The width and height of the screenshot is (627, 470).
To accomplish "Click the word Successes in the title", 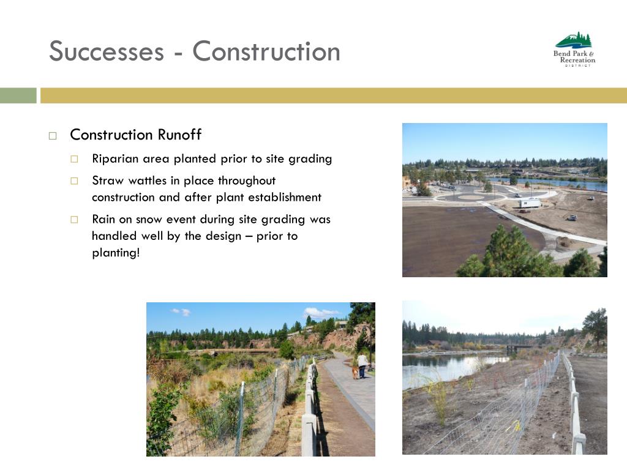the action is [x=107, y=51].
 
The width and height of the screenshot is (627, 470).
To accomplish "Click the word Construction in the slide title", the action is [x=266, y=51].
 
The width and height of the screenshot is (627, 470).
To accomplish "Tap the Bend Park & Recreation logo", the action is [x=574, y=49].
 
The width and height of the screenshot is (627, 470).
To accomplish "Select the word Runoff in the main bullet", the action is [x=179, y=135].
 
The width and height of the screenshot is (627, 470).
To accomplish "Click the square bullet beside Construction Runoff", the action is [x=53, y=136].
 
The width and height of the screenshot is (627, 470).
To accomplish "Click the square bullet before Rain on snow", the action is [x=74, y=220].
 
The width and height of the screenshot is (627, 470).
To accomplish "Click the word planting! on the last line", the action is [x=116, y=253].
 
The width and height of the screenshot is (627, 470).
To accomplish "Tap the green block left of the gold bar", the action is [x=18, y=95].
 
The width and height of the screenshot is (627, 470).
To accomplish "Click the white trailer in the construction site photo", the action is [x=530, y=203].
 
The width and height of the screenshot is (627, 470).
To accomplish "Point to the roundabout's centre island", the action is [x=470, y=197].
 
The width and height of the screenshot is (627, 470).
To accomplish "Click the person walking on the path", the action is [x=362, y=365].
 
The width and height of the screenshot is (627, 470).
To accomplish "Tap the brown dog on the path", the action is [x=355, y=373].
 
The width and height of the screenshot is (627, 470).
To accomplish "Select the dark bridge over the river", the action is [x=519, y=348].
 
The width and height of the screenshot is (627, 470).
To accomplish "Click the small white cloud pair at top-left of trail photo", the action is [x=181, y=311].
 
